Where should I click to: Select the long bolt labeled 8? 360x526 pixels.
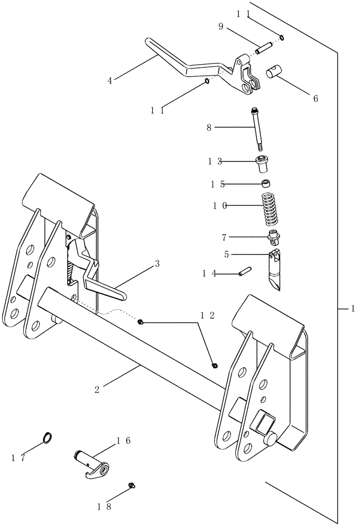pos(258,129)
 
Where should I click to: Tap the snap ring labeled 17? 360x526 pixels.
pos(47,437)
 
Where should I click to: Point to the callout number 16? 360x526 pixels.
pos(124,440)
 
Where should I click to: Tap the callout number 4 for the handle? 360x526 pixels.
pos(109,80)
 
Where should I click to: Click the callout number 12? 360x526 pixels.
pos(206,315)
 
